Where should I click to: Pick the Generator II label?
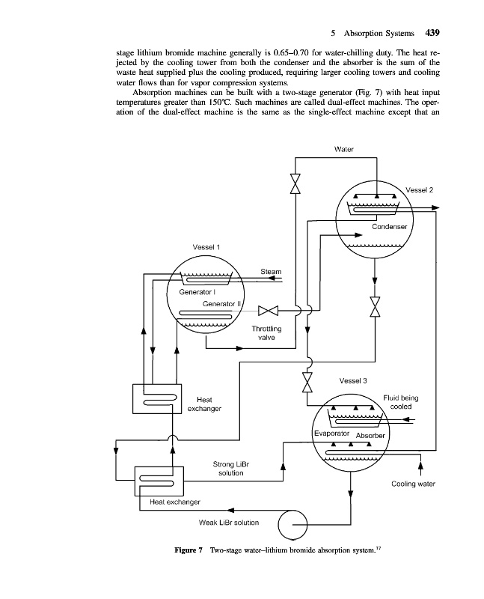pos(224,304)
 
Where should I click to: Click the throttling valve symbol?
pos(268,310)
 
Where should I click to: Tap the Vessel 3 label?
pos(354,380)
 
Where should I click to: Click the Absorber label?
pos(370,436)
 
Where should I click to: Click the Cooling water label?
pos(413,484)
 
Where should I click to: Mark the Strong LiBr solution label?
pos(230,469)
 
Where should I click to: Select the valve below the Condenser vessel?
pos(374,307)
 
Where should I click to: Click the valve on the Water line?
pos(295,184)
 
